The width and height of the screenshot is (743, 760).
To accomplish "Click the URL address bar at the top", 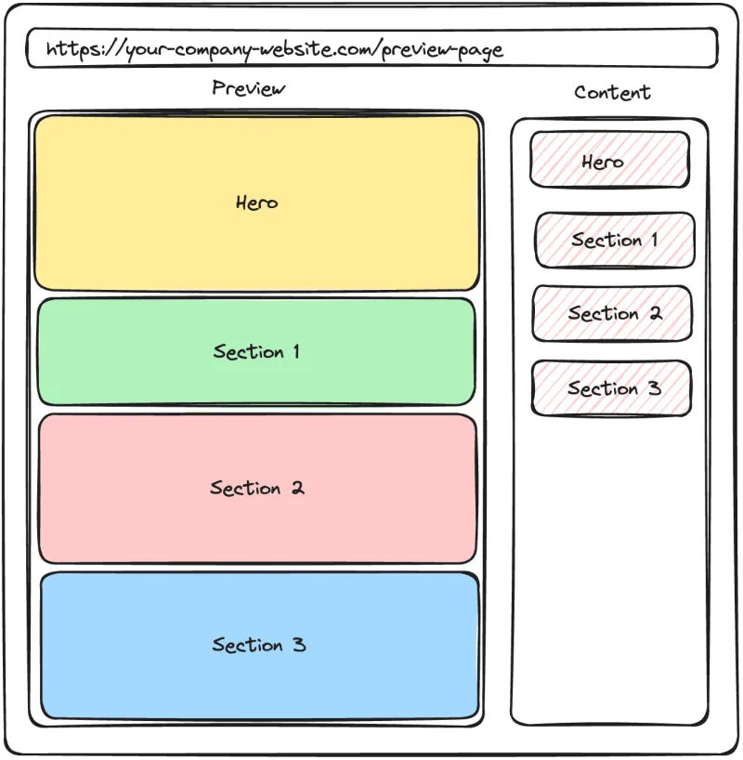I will pyautogui.click(x=371, y=48).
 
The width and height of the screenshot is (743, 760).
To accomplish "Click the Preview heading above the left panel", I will pyautogui.click(x=248, y=88).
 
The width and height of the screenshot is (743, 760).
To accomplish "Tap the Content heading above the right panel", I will pyautogui.click(x=612, y=92).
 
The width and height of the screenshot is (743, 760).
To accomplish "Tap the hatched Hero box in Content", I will pyautogui.click(x=609, y=160).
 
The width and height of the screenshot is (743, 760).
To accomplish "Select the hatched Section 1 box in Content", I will pyautogui.click(x=614, y=240).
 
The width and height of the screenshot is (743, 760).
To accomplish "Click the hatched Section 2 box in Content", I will pyautogui.click(x=612, y=313).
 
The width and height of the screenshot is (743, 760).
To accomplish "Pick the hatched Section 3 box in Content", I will pyautogui.click(x=611, y=387).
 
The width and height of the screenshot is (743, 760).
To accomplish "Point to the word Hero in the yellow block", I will pyautogui.click(x=256, y=203).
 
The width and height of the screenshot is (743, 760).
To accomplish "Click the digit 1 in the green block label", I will pyautogui.click(x=295, y=352).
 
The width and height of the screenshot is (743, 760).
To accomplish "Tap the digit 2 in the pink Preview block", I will pyautogui.click(x=296, y=488).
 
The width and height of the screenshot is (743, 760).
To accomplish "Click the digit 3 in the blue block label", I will pyautogui.click(x=298, y=644).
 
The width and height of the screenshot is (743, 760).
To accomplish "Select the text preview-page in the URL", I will pyautogui.click(x=443, y=49).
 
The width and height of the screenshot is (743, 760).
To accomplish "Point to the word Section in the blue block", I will pyautogui.click(x=247, y=645).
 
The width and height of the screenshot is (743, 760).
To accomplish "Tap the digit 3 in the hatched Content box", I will pyautogui.click(x=654, y=388).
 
